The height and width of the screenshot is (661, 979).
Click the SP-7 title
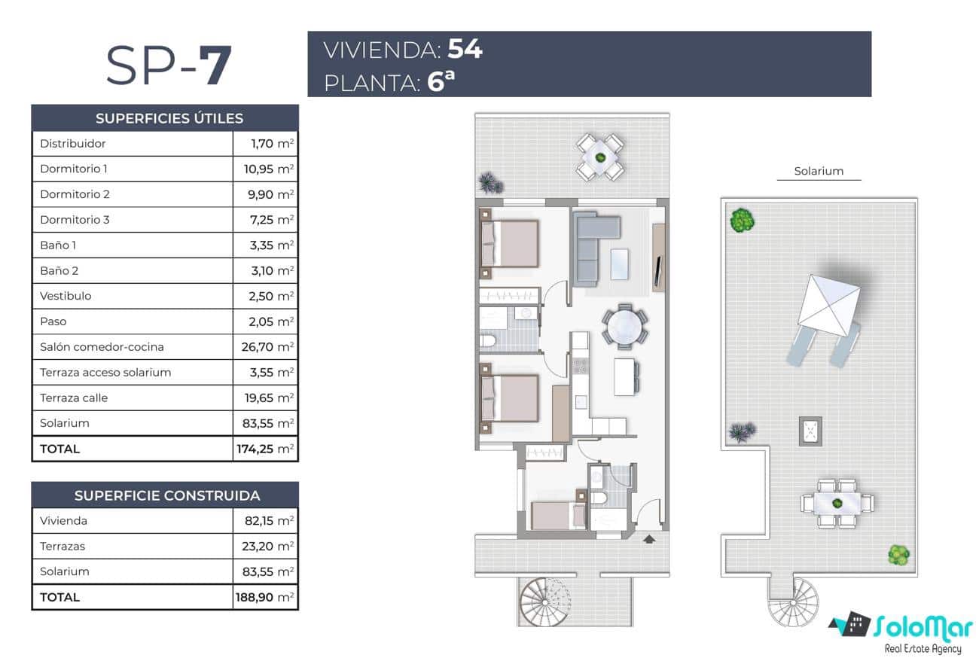pos(168,66)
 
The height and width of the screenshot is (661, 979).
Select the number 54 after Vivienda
pos(465,50)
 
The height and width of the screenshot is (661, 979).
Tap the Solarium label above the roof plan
pos(819,171)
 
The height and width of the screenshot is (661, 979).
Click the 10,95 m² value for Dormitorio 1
pos(268,169)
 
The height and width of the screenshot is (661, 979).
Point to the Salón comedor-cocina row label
pos(102,347)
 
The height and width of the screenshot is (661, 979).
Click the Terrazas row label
pos(63,546)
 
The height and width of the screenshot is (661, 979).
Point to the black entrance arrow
pos(649,538)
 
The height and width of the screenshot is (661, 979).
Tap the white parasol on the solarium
pos(828,305)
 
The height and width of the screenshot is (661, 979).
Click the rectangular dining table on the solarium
pos(837,502)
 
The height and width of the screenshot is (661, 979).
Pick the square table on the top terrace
pos(600,157)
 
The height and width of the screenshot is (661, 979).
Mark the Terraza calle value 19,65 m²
pos(268,398)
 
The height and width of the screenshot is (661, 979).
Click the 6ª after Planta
pos(441,81)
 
